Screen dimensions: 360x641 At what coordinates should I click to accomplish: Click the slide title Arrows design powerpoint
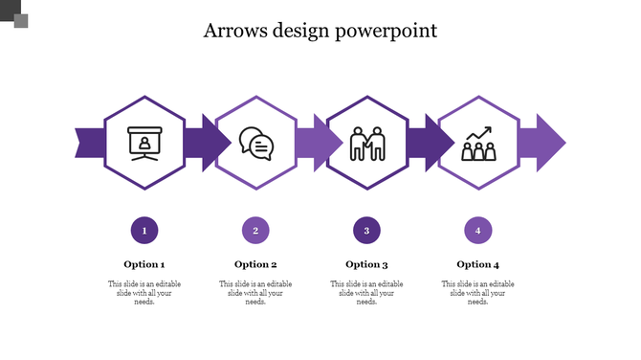(320, 31)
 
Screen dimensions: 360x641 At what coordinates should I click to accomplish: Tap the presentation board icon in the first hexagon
(144, 144)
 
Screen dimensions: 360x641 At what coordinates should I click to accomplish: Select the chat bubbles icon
(255, 144)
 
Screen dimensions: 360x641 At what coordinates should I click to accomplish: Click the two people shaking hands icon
(366, 145)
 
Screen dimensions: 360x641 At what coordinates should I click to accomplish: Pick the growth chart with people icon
(477, 145)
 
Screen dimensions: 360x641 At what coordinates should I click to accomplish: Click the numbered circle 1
(144, 230)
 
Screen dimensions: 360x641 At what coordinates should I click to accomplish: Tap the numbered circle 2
(255, 230)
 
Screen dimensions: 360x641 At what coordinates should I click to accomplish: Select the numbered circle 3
(366, 230)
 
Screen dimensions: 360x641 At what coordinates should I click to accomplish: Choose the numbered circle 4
(477, 230)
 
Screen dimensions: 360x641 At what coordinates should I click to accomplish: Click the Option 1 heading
(144, 264)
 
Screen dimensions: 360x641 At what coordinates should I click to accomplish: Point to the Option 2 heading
(255, 264)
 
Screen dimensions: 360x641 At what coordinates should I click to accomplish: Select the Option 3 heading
(366, 264)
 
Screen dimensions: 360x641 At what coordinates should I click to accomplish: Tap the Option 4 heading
(477, 264)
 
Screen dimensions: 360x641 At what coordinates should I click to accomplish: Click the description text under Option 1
(144, 293)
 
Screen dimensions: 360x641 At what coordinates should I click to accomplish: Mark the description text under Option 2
(255, 293)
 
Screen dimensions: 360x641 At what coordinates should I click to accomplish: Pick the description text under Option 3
(366, 293)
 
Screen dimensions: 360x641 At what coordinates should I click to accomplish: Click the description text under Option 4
(477, 293)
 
